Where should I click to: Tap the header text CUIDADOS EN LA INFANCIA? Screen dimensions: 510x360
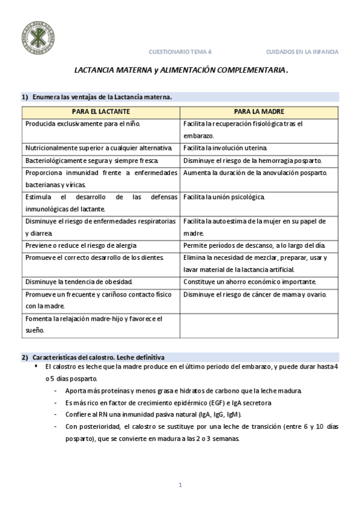(x=302, y=52)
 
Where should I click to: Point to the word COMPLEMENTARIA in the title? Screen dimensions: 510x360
(x=251, y=70)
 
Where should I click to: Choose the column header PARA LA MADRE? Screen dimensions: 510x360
(x=259, y=112)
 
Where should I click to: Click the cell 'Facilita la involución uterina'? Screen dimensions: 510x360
(x=225, y=148)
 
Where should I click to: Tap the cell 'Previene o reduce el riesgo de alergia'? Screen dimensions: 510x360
(x=81, y=245)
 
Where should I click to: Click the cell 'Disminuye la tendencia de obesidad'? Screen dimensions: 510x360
(x=79, y=282)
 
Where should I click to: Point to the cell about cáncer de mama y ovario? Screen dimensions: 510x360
(x=255, y=294)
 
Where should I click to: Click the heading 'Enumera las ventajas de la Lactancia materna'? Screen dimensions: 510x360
(x=102, y=97)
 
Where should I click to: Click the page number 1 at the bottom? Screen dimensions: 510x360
(x=180, y=485)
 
